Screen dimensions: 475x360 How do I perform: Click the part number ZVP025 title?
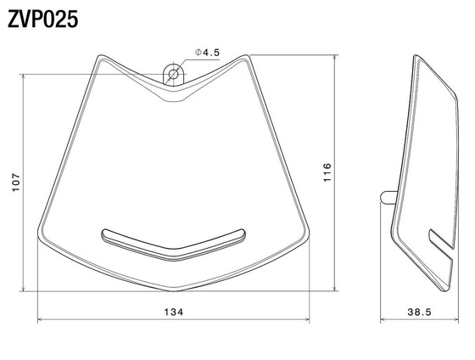[42, 20]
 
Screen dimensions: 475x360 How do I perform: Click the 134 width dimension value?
[174, 312]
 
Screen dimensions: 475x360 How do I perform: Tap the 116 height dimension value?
[327, 172]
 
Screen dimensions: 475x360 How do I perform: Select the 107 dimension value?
[16, 182]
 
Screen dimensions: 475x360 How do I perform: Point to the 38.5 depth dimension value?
[419, 312]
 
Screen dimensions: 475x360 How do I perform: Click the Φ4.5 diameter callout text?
[207, 53]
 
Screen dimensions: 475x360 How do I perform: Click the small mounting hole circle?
[173, 74]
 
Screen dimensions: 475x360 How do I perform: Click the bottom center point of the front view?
[174, 291]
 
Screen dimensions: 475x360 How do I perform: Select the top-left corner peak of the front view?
[100, 55]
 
